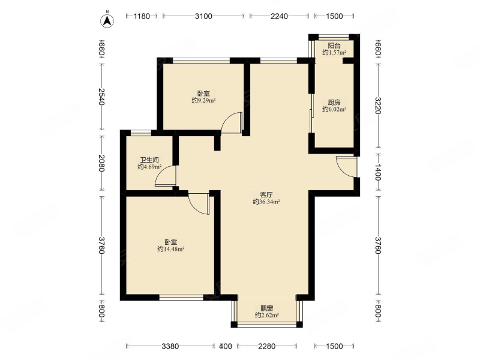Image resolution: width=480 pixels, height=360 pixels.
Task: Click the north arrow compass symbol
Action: tap(107, 20)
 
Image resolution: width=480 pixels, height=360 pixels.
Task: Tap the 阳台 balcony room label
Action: tap(334, 46)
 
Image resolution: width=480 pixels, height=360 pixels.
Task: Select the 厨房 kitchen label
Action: tap(334, 102)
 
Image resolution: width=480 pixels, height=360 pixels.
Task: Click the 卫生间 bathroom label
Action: tap(149, 160)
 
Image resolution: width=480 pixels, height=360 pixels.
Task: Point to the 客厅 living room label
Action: tap(266, 194)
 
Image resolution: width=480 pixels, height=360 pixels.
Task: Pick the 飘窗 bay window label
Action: tap(266, 308)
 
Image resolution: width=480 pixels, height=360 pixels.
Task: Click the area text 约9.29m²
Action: tap(203, 100)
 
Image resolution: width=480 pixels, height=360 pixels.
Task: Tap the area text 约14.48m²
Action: tap(170, 249)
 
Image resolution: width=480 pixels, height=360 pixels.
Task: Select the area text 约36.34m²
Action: tap(266, 202)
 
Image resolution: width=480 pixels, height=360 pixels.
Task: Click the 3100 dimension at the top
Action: tap(203, 16)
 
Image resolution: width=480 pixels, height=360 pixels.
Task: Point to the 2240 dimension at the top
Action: tap(279, 16)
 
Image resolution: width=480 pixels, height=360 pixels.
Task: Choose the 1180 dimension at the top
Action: tap(142, 16)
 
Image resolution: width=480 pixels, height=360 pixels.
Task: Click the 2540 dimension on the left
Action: tap(101, 97)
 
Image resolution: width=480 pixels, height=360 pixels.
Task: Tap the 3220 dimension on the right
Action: tap(378, 106)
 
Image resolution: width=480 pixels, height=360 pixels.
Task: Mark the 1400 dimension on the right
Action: tap(378, 172)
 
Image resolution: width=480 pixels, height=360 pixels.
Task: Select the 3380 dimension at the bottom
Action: tap(170, 346)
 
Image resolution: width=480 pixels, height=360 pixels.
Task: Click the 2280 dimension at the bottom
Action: tap(266, 346)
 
